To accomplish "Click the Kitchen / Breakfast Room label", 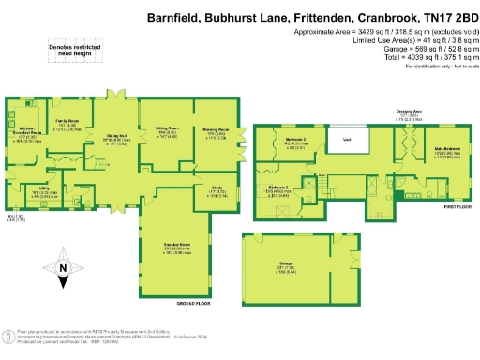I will click(27, 130).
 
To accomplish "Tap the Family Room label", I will click(65, 121).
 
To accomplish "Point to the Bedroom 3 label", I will click(277, 188).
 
